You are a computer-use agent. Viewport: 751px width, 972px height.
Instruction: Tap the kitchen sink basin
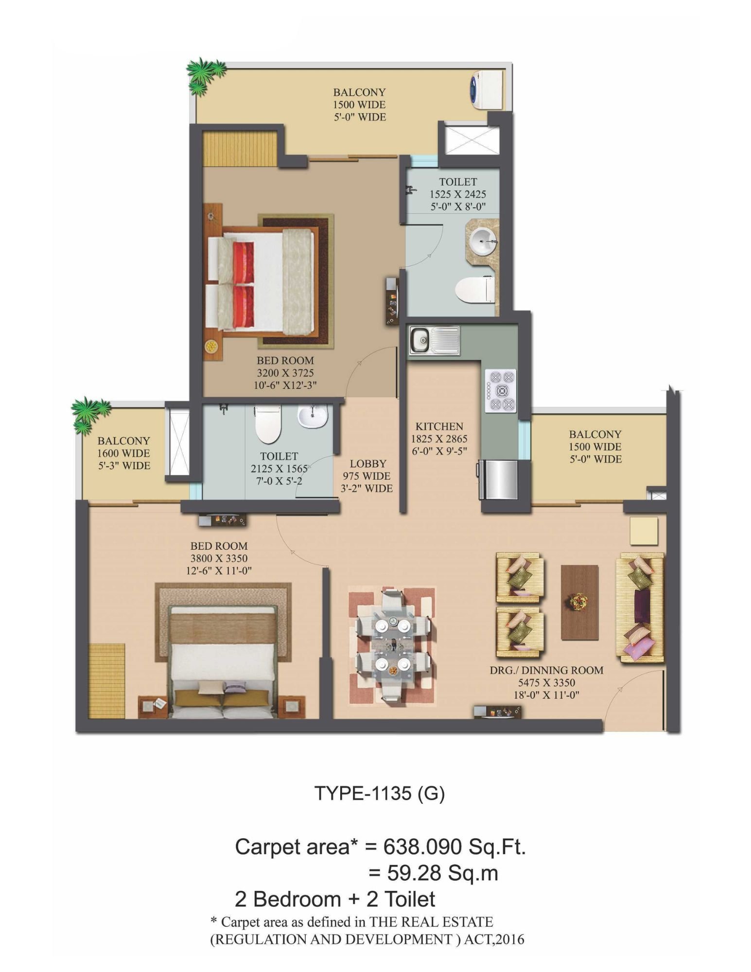[420, 340]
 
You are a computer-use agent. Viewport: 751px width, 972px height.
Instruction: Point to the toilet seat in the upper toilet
[474, 290]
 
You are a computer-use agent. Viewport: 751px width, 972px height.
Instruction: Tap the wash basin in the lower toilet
[313, 416]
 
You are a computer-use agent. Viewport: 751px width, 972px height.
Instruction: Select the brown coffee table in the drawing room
[579, 602]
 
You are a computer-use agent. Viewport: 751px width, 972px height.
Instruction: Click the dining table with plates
[392, 644]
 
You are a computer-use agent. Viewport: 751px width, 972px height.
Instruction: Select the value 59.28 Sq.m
[442, 873]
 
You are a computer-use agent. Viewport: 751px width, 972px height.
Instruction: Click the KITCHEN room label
[439, 426]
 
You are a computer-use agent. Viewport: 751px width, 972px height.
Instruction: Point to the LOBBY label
[368, 464]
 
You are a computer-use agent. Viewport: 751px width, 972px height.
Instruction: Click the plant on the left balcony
[90, 414]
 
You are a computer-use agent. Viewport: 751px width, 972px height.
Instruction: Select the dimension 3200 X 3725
[285, 373]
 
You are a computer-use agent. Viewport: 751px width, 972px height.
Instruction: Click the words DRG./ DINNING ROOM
[546, 670]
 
